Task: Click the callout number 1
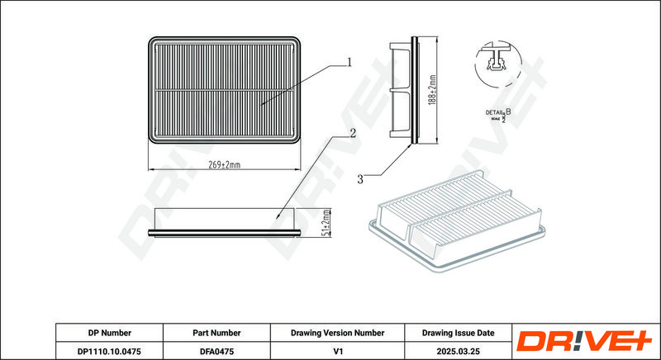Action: (350, 61)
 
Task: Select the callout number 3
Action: (360, 178)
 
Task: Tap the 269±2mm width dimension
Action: (224, 165)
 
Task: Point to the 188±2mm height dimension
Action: (432, 91)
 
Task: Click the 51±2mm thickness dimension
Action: (327, 223)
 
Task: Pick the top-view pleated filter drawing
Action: (224, 89)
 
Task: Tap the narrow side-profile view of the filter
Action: (411, 89)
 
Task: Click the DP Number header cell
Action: (109, 333)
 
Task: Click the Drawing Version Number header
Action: (337, 333)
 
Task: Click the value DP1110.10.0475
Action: (109, 351)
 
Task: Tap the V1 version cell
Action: (337, 351)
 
